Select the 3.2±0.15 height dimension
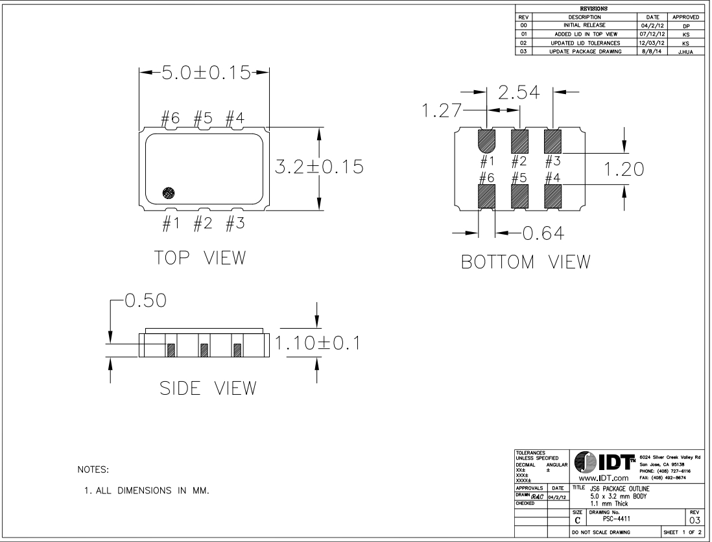(x=319, y=167)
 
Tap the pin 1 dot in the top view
(x=169, y=193)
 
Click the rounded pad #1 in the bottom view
(x=487, y=139)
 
